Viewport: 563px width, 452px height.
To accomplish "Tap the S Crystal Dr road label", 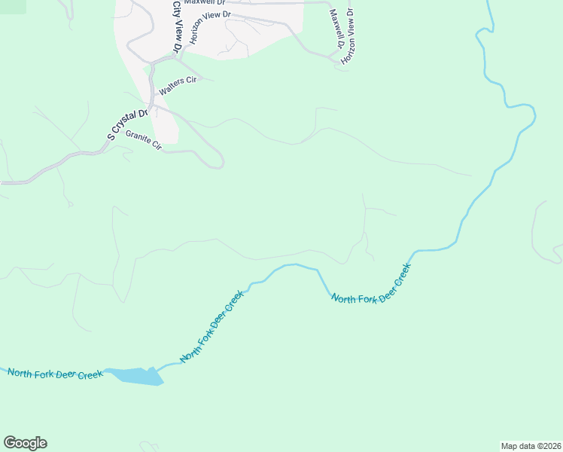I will [x=124, y=125].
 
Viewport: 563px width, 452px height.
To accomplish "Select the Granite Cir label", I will [x=144, y=140].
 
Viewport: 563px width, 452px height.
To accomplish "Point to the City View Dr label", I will [x=178, y=26].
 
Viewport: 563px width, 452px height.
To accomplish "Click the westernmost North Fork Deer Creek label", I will [x=56, y=374].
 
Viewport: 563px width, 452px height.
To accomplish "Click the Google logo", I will [x=25, y=443].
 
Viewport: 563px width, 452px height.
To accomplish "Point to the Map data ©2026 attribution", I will [x=531, y=445].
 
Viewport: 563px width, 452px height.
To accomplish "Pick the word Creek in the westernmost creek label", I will [x=90, y=374].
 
